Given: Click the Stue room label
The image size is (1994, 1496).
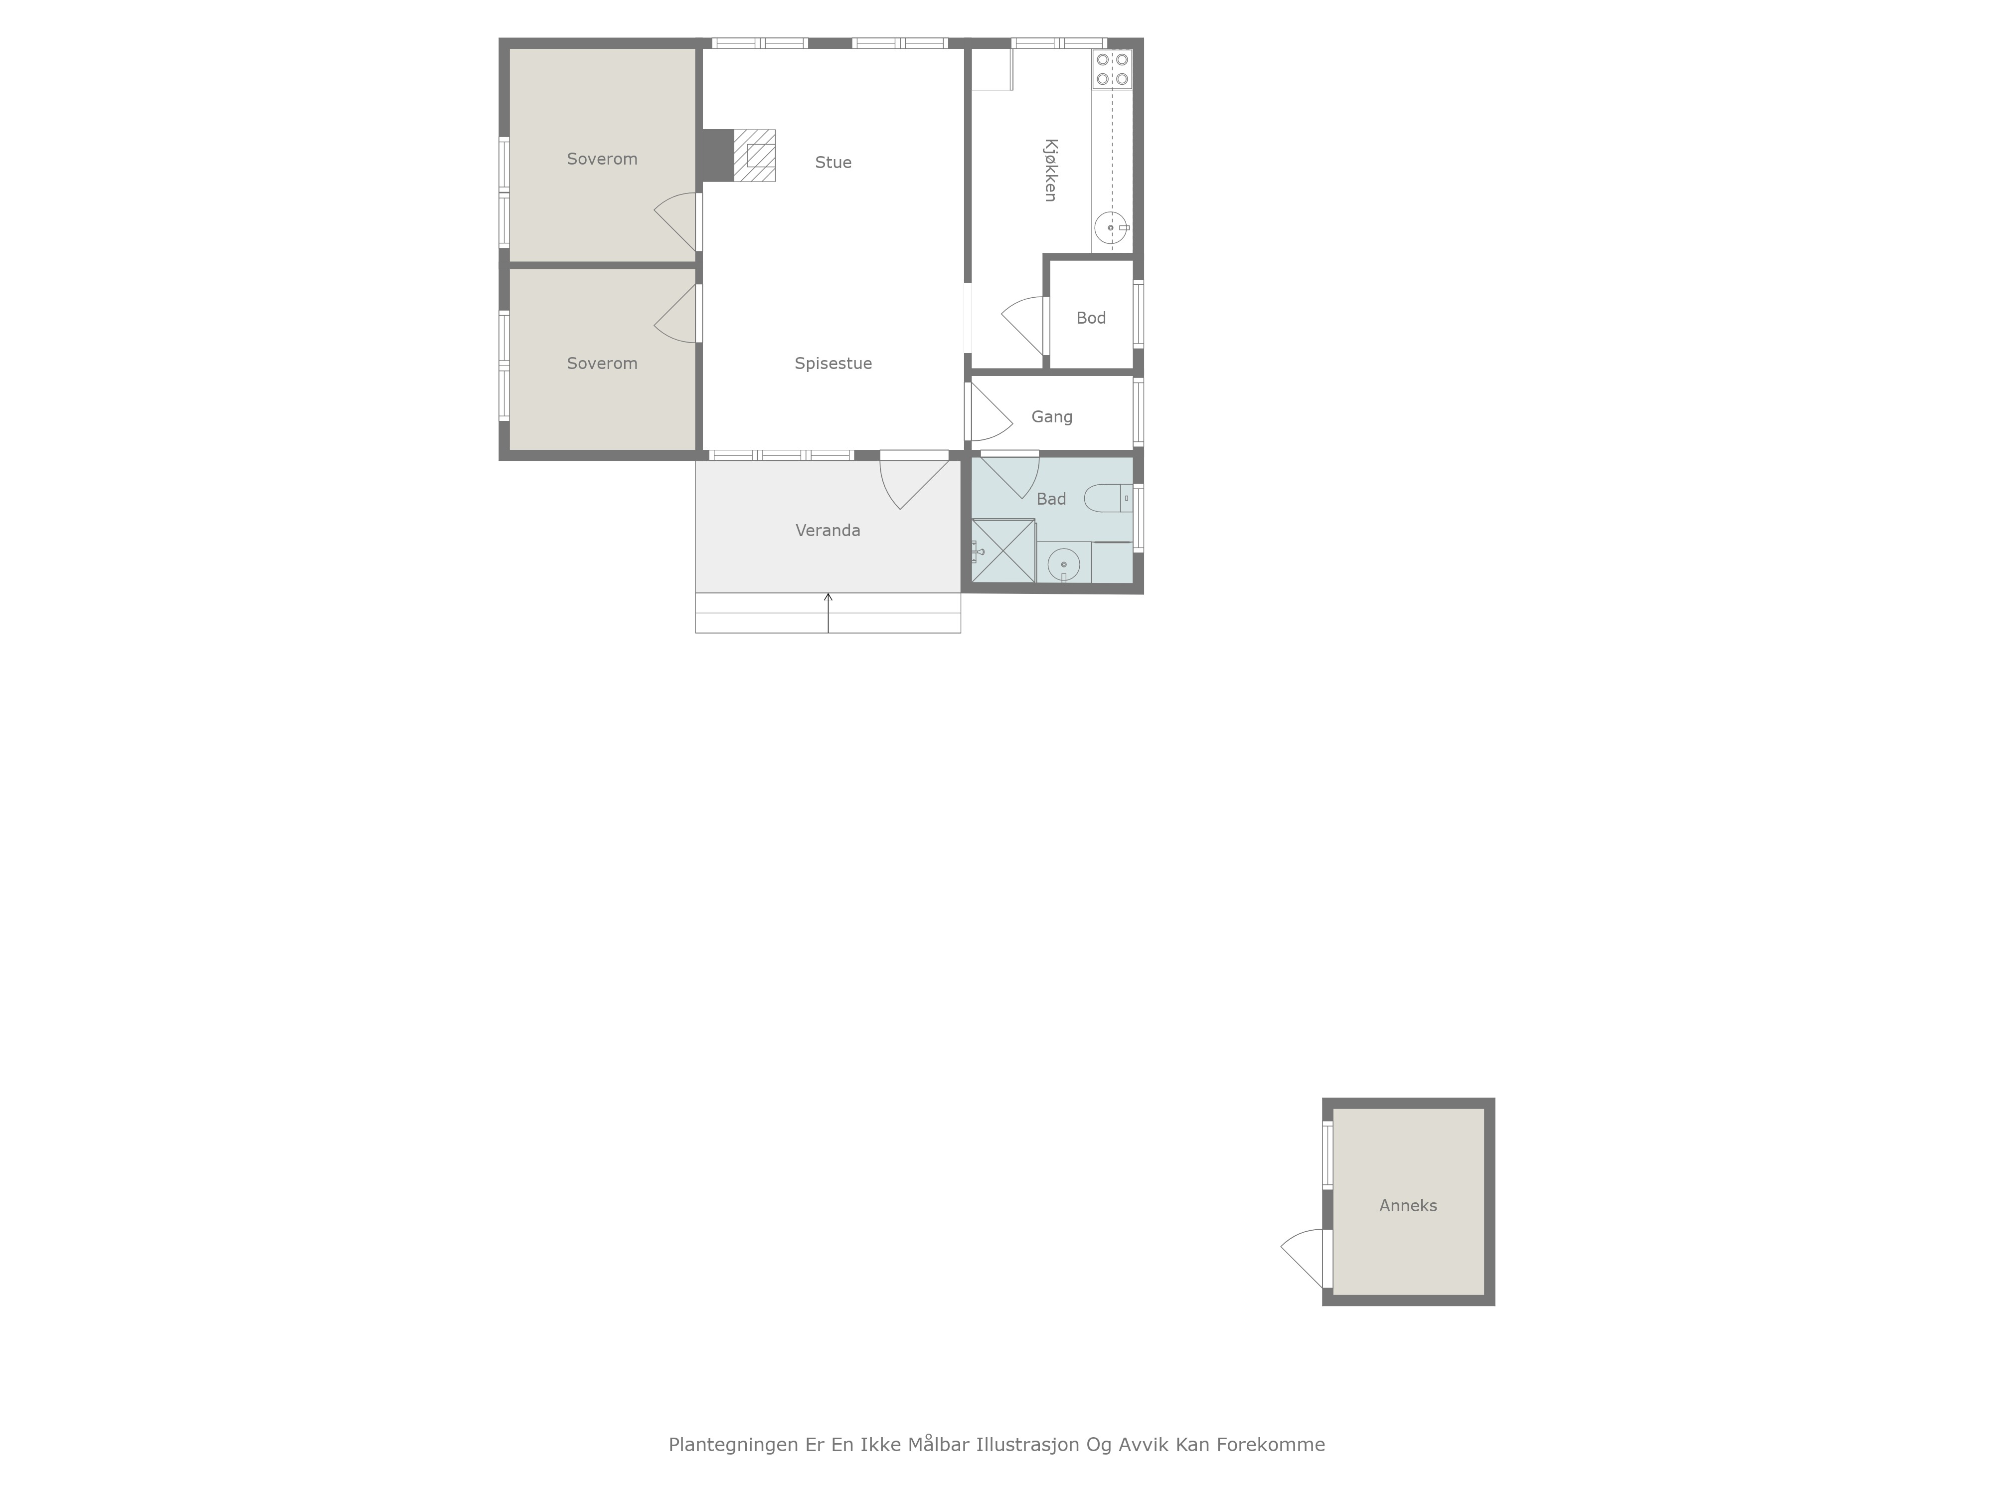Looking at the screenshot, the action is (x=833, y=162).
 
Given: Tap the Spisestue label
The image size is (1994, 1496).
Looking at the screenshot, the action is (x=833, y=364).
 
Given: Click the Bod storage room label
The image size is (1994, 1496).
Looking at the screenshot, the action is (x=1091, y=318).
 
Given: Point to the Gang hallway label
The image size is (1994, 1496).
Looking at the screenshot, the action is (x=1052, y=416).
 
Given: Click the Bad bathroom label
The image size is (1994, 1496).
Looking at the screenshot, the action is (x=1051, y=499).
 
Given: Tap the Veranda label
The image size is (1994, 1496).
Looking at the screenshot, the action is (x=828, y=530).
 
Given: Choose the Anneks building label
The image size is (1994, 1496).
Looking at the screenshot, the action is (x=1408, y=1206).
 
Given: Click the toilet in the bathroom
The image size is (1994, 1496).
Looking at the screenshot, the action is (x=1108, y=498).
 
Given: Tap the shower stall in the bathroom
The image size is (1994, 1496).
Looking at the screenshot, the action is (x=1003, y=551).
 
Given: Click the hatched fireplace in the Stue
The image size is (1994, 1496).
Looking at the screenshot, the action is (x=755, y=155).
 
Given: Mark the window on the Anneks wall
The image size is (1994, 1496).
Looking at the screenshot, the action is (x=1327, y=1154).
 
